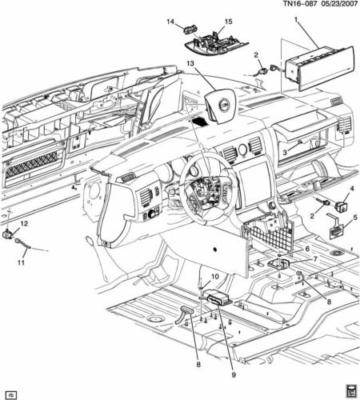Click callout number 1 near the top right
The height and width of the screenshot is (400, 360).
[296, 19]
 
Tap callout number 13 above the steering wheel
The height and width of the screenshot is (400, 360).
[190, 63]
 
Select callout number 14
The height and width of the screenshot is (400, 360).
[170, 22]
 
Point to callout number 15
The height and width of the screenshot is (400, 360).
[229, 22]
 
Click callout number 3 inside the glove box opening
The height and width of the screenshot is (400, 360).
[285, 153]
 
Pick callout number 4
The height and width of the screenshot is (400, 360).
[352, 189]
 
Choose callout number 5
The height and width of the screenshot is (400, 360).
[355, 218]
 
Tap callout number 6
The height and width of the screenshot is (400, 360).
[307, 249]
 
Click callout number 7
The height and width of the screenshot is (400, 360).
[315, 259]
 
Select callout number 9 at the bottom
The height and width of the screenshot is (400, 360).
[234, 374]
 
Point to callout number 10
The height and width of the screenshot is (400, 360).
[215, 277]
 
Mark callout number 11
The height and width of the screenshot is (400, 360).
[21, 262]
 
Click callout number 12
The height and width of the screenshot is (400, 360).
[24, 223]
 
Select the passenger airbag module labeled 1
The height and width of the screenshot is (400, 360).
[319, 69]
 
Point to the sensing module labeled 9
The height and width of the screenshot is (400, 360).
[218, 298]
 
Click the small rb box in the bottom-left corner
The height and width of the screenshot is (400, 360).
[11, 394]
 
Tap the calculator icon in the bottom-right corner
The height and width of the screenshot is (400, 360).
[352, 392]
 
